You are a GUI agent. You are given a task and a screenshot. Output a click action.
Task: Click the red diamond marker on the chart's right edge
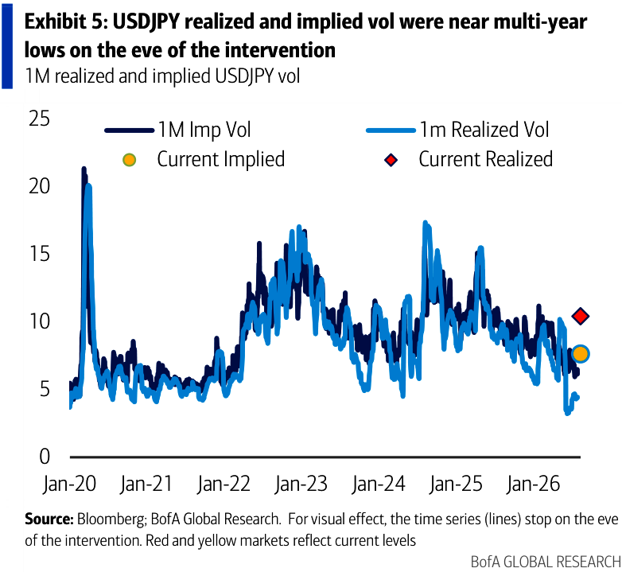(x=581, y=316)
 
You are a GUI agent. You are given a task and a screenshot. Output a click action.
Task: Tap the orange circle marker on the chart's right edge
(x=581, y=353)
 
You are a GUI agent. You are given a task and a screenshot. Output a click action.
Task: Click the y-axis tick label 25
(x=40, y=119)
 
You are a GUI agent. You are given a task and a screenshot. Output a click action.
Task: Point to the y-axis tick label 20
(x=40, y=185)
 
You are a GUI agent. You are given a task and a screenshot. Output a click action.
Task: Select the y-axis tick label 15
(x=40, y=253)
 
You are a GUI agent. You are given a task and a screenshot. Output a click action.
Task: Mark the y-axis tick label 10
(x=40, y=321)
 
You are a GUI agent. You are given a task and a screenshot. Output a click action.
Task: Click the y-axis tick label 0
(x=45, y=456)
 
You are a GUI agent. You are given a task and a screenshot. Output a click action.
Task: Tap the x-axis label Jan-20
(x=70, y=484)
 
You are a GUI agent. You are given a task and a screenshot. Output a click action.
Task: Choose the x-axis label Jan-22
(x=224, y=484)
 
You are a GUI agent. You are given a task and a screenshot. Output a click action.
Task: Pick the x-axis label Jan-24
(x=379, y=484)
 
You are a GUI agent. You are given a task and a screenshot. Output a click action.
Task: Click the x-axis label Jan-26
(x=534, y=484)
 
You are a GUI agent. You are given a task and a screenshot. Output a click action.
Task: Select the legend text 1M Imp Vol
(x=204, y=130)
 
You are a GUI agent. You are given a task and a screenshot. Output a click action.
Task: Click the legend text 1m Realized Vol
(x=484, y=130)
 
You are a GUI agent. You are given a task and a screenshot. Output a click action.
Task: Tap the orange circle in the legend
(x=130, y=160)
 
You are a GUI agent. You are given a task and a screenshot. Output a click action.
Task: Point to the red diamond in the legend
(x=391, y=160)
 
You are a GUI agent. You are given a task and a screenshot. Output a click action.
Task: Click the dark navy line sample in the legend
(x=130, y=130)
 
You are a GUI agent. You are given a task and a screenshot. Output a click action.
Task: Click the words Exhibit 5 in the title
(x=67, y=21)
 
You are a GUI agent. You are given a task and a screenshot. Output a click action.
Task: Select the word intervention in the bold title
(x=266, y=50)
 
